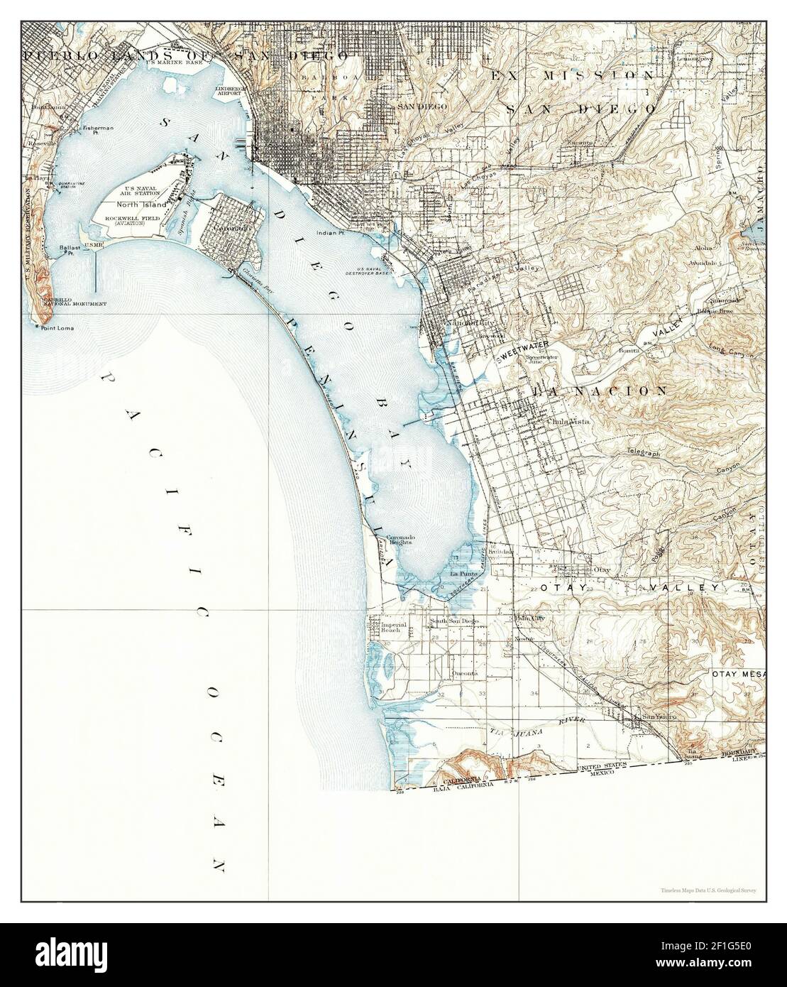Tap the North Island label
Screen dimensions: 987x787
pyautogui.click(x=142, y=204)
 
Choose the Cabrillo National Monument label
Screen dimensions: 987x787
pyautogui.click(x=75, y=302)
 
